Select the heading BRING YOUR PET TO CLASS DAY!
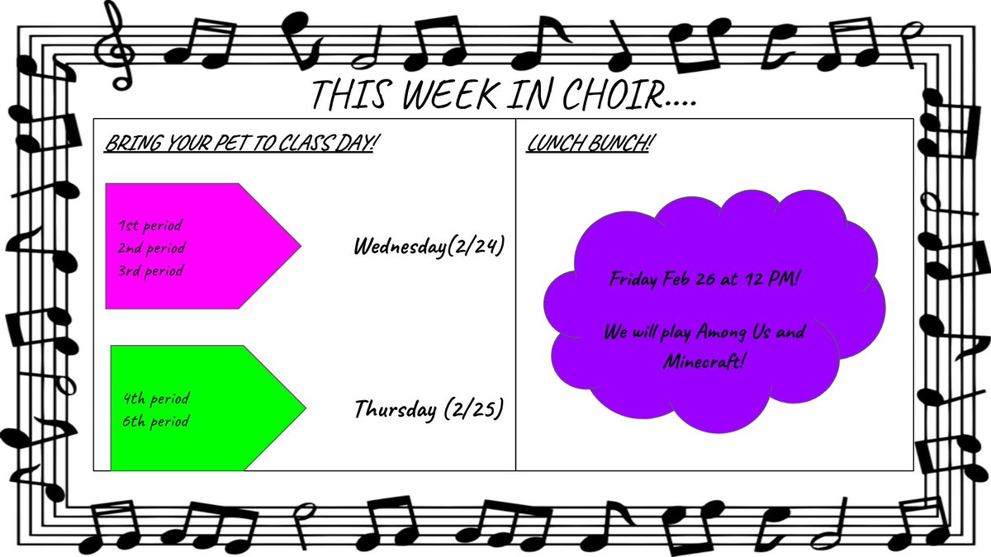[241, 143]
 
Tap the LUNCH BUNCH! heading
[590, 143]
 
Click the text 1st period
[150, 224]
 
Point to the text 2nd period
[153, 248]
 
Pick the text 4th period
[155, 399]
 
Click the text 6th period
[155, 422]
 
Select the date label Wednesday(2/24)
[429, 246]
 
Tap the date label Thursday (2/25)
[429, 408]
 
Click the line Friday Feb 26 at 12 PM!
[704, 279]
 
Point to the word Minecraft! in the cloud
[704, 361]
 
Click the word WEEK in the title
[452, 95]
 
